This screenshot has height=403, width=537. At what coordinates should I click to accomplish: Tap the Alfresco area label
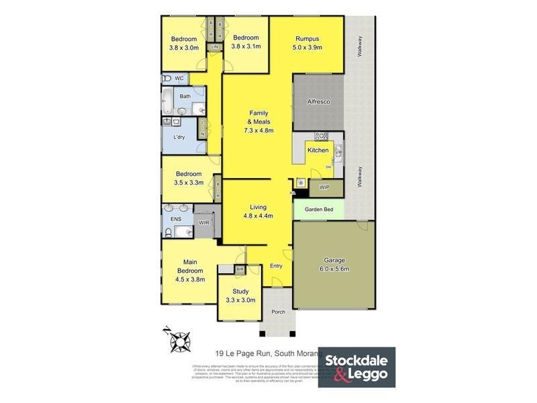[x=317, y=101]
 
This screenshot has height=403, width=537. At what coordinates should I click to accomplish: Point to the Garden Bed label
[x=318, y=209]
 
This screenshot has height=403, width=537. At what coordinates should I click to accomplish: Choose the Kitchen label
[x=318, y=150]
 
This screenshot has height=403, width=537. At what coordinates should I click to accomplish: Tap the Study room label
[x=240, y=291]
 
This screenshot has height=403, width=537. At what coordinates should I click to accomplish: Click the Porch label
[x=277, y=312]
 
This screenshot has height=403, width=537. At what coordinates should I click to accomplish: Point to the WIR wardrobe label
[x=203, y=222]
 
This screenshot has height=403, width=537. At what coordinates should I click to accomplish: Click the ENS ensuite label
[x=175, y=219]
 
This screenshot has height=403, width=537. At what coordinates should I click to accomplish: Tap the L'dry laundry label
[x=179, y=137]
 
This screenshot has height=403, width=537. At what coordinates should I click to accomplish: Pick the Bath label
[x=185, y=97]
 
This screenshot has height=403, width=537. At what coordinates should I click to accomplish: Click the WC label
[x=179, y=79]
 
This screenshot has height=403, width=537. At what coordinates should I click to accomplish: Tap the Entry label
[x=277, y=266]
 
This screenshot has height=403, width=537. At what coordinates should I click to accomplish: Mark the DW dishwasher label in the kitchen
[x=328, y=167]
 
